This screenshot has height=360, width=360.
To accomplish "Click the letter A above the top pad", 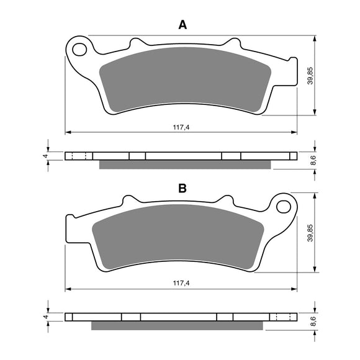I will tap(182, 25).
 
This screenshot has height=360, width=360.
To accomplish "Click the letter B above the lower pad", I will tap(182, 188).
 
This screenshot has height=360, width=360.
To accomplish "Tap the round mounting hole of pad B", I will tap(284, 205).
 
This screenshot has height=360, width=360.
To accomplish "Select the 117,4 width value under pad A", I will tap(181, 127).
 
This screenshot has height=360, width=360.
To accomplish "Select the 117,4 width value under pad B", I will tap(181, 284).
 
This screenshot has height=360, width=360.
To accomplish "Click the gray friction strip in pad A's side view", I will tap(185, 164).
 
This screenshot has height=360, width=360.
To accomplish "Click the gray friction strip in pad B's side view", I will tap(177, 325).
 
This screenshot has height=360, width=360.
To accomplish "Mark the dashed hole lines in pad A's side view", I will tap(78, 156).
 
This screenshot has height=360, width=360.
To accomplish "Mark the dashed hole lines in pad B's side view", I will tap(284, 316).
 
